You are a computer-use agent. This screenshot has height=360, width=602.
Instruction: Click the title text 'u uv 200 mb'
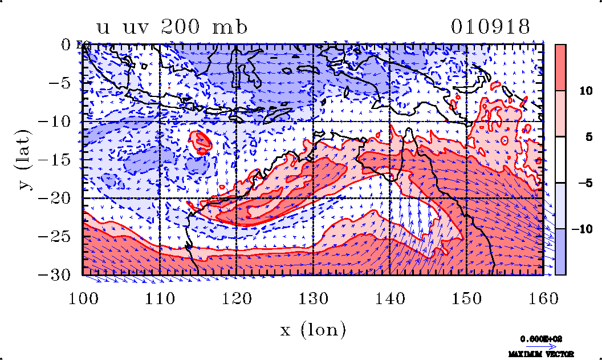172,27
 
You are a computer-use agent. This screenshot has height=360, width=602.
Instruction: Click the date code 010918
491,27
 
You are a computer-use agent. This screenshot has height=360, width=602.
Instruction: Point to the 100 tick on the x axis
83,298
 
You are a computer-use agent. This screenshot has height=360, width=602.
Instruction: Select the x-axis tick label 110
160,298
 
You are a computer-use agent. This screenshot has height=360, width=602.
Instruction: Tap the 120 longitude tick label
236,298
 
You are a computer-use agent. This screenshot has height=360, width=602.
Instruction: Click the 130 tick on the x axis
313,298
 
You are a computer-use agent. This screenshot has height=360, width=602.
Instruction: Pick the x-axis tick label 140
389,298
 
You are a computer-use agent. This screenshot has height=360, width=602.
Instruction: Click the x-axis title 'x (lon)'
313,329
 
